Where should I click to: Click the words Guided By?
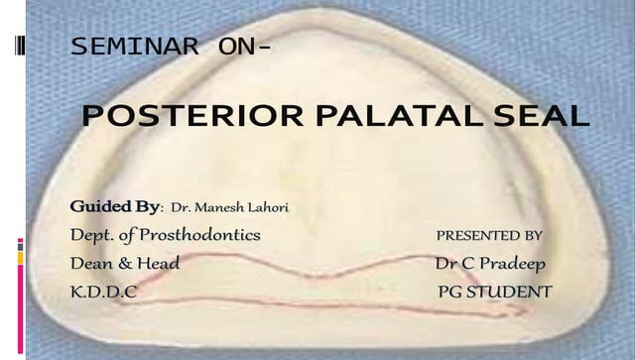(115, 206)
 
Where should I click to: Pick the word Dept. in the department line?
(90, 235)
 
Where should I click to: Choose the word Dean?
(91, 264)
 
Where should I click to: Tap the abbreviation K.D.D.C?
(103, 293)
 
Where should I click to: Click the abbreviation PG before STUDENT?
(451, 293)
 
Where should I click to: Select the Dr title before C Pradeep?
(445, 264)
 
